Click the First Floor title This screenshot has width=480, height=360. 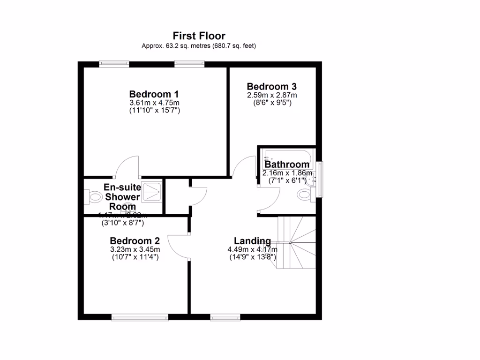pos(199,36)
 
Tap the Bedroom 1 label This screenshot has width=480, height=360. pos(154,93)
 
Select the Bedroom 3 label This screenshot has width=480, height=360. pos(272,87)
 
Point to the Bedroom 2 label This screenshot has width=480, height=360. pos(135,241)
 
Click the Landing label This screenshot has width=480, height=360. pos(252,241)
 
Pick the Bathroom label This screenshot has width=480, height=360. pos(287,165)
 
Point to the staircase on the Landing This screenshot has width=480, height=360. pos(296,242)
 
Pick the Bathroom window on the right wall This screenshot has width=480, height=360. pos(320,179)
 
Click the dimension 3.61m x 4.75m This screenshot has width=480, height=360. pos(154,103)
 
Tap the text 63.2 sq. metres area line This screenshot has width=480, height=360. pos(199,46)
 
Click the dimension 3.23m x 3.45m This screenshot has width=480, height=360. pos(135,249)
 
